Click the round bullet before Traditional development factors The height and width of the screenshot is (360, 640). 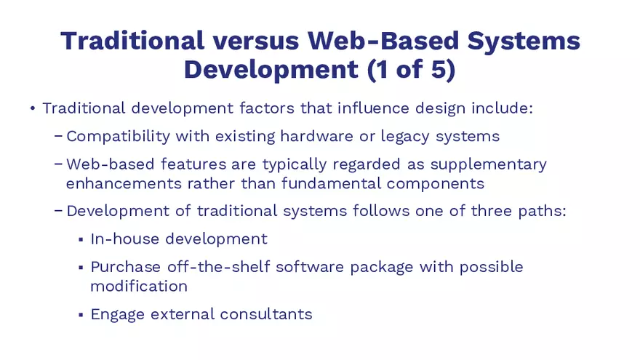coord(32,109)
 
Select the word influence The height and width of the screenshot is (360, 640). coord(372,108)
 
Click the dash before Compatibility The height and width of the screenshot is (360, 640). coord(58,136)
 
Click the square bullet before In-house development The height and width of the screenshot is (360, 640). coord(80,239)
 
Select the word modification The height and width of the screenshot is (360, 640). coord(138,286)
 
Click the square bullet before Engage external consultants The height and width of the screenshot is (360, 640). coord(80,315)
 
